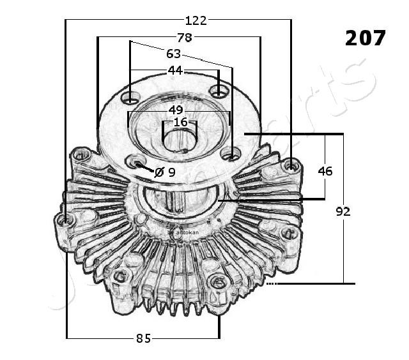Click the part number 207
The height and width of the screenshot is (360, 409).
[366, 38]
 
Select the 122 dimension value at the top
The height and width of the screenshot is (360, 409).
[196, 20]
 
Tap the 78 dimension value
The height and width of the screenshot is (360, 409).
[185, 38]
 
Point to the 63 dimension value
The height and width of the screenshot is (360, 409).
[173, 54]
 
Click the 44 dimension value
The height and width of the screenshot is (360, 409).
[175, 70]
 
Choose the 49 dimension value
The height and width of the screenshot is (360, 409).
[176, 110]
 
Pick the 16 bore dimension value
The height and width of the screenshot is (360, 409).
[181, 122]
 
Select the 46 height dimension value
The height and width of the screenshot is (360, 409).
[325, 170]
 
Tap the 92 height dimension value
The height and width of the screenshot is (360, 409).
[343, 211]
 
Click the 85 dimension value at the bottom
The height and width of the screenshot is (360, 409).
[143, 338]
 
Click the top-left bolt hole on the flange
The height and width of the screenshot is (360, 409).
[131, 98]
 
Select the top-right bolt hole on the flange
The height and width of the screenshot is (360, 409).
[219, 93]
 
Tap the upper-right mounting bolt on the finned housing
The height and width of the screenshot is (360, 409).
[291, 166]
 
